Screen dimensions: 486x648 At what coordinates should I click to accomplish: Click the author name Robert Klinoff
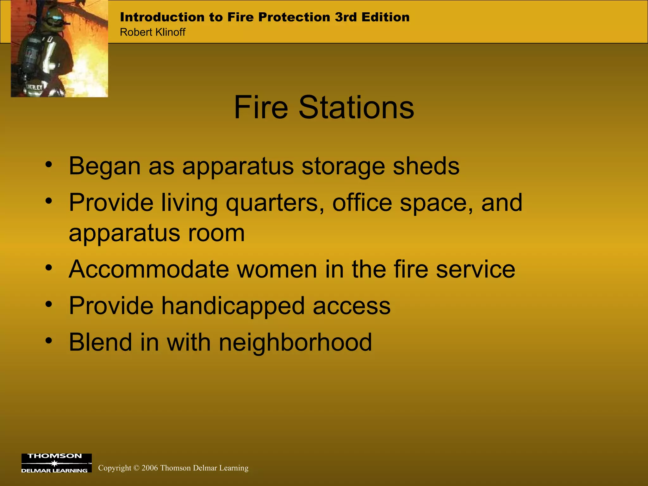click(153, 32)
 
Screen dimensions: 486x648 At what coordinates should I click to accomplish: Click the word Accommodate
click(149, 269)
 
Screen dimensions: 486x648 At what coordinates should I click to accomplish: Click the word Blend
click(100, 342)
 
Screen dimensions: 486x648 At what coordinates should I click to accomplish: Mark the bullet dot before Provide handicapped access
click(48, 304)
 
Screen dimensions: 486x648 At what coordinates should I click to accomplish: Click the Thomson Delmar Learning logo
click(56, 463)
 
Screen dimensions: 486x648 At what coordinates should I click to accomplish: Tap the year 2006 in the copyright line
click(149, 468)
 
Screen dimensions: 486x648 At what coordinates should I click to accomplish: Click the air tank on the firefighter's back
click(30, 57)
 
